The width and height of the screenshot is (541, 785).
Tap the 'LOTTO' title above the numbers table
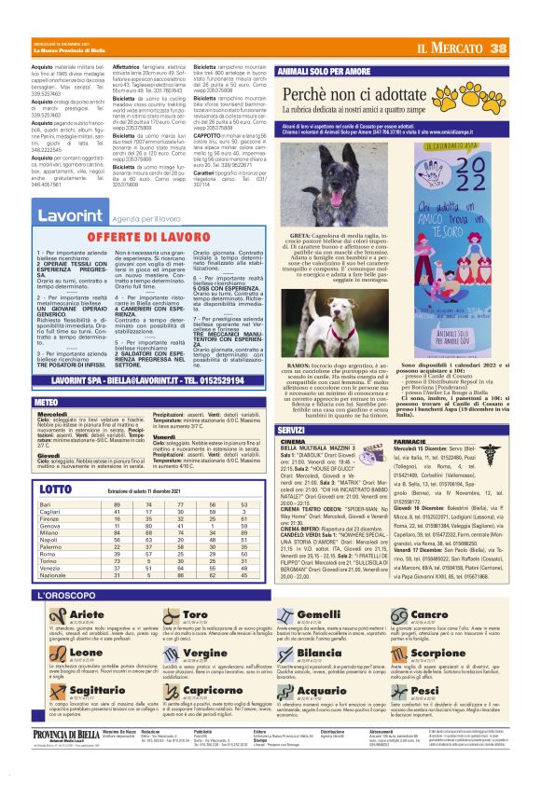(55, 489)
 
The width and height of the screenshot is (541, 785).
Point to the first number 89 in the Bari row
(117, 503)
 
